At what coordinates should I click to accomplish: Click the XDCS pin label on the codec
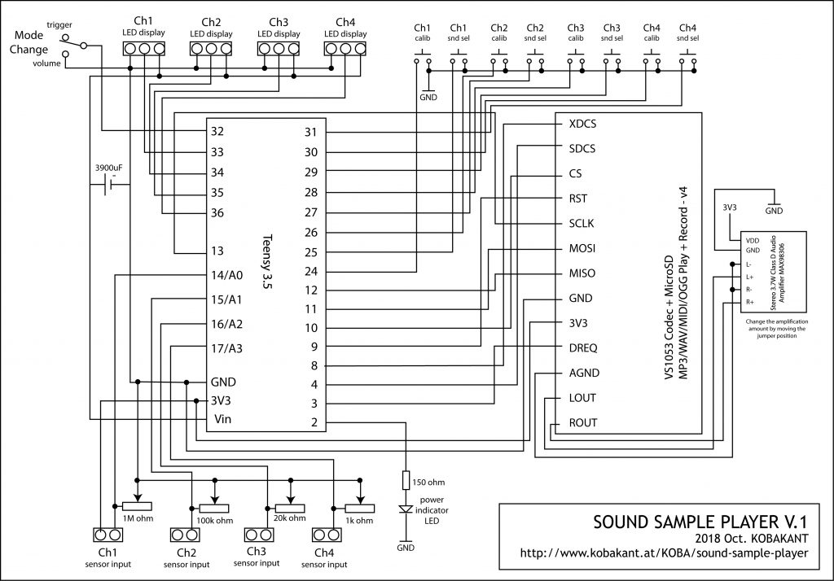tap(582, 124)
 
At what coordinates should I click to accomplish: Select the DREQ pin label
tap(583, 348)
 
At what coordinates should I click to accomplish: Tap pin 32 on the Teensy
tap(217, 132)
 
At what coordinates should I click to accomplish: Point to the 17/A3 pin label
tap(226, 349)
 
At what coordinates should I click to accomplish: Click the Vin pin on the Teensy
tap(223, 419)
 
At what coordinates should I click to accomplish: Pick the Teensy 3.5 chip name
tap(267, 261)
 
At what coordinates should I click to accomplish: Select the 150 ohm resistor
tap(406, 480)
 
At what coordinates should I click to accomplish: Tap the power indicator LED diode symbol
tap(406, 509)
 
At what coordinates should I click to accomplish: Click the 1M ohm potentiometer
tap(137, 506)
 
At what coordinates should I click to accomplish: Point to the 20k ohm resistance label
tap(290, 518)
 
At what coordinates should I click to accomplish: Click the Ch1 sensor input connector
tap(108, 535)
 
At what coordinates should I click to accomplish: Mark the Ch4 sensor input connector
tap(327, 535)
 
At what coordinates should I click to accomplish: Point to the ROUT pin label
tap(583, 423)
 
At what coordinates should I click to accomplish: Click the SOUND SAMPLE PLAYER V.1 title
tap(700, 522)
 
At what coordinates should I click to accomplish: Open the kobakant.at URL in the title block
tap(665, 553)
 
